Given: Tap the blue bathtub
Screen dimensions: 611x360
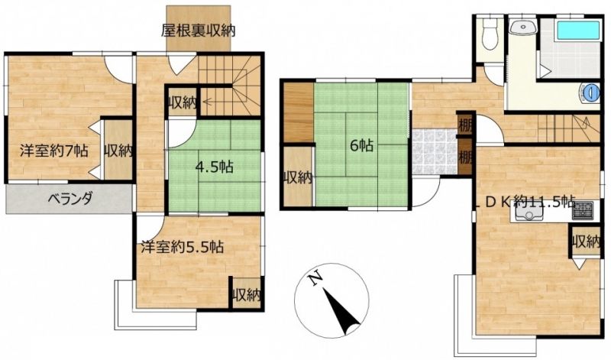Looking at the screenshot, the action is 578,30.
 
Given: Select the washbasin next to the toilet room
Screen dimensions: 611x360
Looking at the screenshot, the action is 522,28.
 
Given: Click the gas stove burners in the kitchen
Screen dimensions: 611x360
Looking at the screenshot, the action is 582,211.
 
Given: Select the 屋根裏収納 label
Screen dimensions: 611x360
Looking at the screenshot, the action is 199,31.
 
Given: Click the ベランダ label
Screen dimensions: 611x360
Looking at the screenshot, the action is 70,199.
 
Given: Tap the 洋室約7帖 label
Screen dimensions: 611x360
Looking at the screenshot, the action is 53,151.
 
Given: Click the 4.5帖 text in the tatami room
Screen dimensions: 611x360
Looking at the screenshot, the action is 215,167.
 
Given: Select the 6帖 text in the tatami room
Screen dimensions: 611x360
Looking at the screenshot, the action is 361,145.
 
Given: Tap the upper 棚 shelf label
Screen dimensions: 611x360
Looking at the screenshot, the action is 466,125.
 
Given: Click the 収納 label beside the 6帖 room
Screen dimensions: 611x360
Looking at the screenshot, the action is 298,178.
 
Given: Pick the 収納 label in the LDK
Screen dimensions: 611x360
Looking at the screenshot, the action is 586,242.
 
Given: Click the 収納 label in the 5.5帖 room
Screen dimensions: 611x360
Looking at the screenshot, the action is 246,295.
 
